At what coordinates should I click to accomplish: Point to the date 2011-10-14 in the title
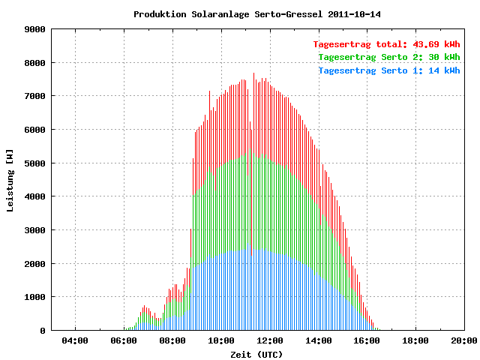point(354,14)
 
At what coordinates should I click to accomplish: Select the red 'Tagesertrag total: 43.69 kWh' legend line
point(386,44)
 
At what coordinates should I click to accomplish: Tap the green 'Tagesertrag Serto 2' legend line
point(389,57)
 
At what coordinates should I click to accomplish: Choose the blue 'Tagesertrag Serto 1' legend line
point(389,70)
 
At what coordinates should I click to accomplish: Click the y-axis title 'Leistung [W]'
point(10,181)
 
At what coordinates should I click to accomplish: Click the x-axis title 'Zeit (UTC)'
point(256,355)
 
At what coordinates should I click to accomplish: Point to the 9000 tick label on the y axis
point(35,30)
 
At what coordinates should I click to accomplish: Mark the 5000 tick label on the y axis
point(35,163)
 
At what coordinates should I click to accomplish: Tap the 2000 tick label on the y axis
point(35,264)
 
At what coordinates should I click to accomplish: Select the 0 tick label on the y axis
point(43,331)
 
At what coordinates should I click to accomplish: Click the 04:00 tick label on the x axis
point(75,340)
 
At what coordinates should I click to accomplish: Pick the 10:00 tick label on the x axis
point(221,340)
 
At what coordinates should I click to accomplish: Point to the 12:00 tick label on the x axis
point(270,340)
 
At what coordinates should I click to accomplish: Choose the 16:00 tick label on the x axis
point(367,340)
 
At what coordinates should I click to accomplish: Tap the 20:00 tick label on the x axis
point(464,340)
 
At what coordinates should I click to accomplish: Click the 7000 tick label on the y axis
point(35,97)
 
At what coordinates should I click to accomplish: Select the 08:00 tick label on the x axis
point(172,340)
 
